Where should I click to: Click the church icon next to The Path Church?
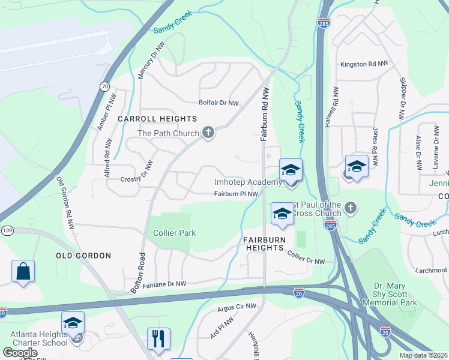pos(208,133)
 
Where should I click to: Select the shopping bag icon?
pos(23,271)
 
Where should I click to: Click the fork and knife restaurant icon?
pos(158,338)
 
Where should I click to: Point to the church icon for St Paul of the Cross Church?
pos(351,208)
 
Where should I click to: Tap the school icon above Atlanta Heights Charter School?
pos(73,323)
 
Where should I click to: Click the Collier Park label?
pos(175,233)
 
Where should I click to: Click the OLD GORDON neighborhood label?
pos(83,256)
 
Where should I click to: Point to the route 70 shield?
pos(105,86)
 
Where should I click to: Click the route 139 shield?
pos(7,230)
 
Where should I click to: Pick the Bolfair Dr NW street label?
pos(219,103)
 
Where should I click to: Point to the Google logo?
pos(20,353)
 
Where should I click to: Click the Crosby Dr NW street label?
pos(137,178)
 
